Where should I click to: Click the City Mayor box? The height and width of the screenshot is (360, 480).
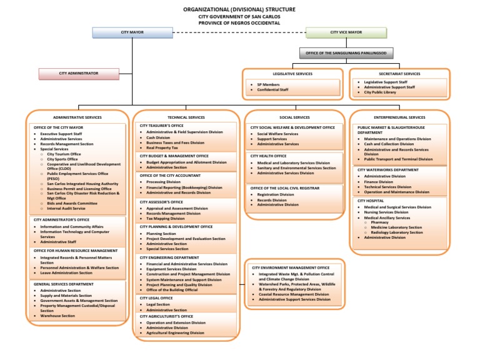tap(127, 32)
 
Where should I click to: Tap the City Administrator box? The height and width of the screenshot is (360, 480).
tap(79, 74)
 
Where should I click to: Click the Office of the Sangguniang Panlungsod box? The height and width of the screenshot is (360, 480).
tap(344, 53)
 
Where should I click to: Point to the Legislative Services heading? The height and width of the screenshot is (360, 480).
tap(292, 74)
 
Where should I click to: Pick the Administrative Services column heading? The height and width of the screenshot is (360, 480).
tap(77, 117)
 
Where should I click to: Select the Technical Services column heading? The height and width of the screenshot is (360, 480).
tap(186, 117)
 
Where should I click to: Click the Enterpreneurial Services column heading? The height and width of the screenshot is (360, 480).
tap(399, 117)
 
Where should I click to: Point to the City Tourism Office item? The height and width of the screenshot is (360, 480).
tap(64, 154)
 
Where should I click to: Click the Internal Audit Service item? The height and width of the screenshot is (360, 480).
tap(66, 208)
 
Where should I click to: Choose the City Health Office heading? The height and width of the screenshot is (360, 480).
tap(269, 156)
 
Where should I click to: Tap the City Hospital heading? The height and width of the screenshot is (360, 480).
tap(370, 201)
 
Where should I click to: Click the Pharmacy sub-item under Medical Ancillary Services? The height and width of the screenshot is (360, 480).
tap(379, 222)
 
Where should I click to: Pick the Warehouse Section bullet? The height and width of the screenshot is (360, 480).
tap(58, 316)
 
